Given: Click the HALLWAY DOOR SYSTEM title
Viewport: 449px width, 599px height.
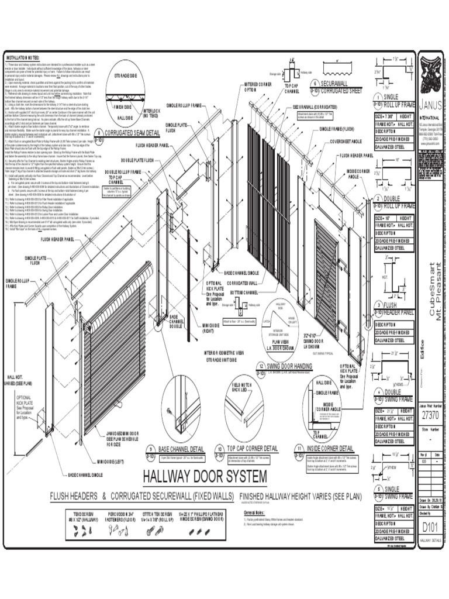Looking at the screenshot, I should coord(205,475).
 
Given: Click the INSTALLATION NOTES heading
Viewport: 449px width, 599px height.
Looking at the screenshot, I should coord(22,58).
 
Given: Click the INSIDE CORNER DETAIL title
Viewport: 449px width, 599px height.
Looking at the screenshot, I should coord(330,449).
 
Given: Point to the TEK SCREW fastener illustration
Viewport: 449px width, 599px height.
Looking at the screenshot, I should coord(81,529).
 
